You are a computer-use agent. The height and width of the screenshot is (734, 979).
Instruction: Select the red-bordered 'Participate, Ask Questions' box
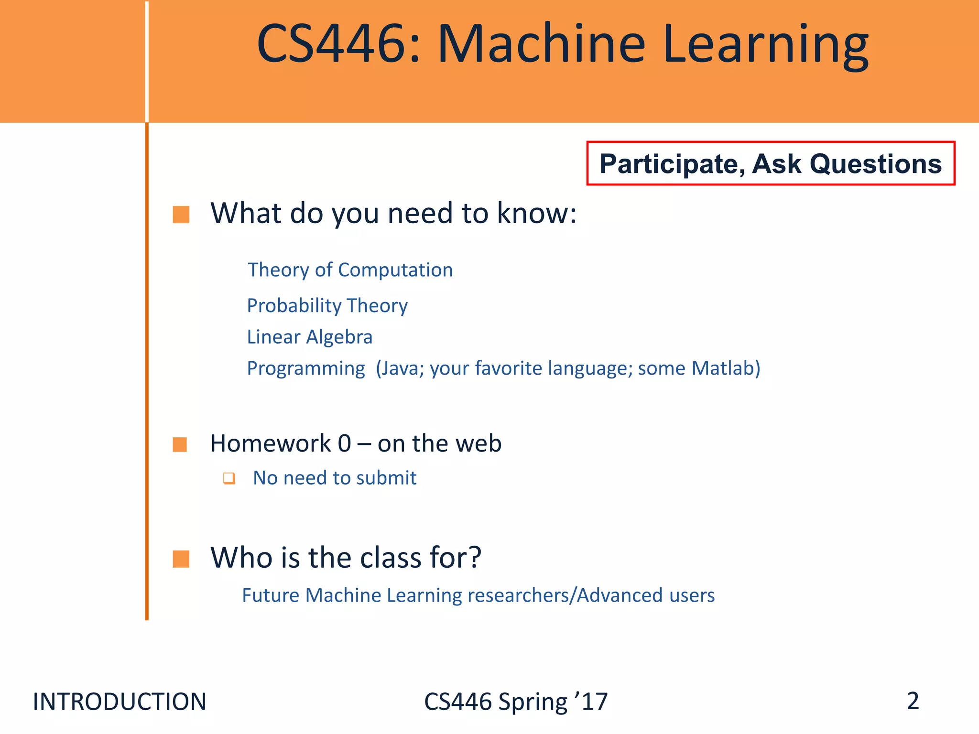(771, 163)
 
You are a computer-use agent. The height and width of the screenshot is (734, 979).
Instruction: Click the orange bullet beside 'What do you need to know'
(181, 215)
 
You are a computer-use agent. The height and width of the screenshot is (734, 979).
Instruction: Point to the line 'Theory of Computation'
(350, 270)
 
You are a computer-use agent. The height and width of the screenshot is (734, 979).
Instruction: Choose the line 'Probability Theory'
(327, 305)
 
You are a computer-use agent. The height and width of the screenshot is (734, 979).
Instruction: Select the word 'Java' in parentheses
(401, 368)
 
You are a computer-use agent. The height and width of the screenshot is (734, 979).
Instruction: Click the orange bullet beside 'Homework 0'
(180, 444)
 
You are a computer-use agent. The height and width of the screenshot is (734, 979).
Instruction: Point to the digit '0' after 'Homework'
(344, 443)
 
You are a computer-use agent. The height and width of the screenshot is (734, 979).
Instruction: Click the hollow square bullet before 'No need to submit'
(229, 478)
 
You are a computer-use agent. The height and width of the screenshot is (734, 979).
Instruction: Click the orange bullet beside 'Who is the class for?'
(181, 559)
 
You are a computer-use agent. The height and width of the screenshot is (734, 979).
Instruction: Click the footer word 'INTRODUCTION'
(120, 702)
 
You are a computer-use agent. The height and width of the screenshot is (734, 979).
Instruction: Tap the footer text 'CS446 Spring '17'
(516, 702)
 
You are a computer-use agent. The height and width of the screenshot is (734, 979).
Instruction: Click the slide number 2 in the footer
(913, 701)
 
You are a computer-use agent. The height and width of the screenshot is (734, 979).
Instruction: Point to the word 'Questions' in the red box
(875, 164)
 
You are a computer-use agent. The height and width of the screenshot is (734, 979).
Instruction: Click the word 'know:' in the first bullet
(536, 213)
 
